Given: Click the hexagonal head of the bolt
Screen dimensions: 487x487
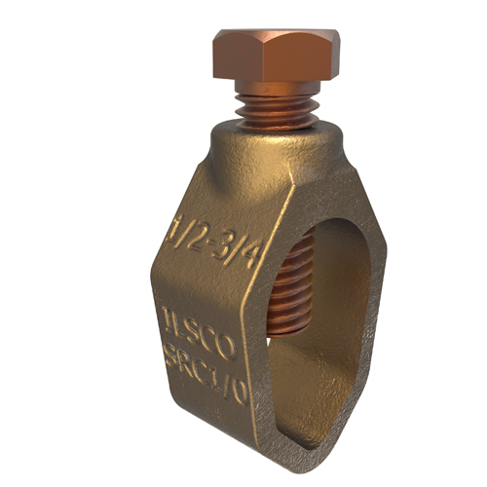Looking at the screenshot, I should tap(275, 60).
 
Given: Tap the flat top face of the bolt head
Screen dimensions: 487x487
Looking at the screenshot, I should tap(277, 38).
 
